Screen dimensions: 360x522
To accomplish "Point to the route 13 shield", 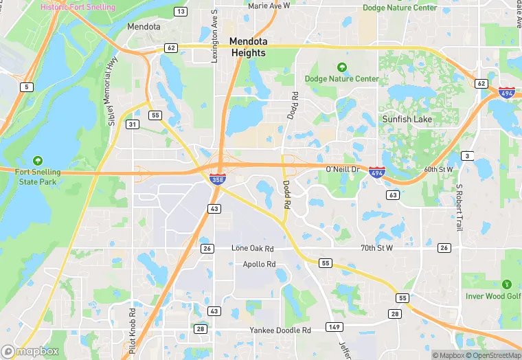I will tap(181, 12).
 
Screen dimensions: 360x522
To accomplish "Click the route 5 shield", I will tap(27, 87).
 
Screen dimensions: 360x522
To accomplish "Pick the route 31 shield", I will tap(131, 124).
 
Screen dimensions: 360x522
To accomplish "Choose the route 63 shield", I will tap(393, 195).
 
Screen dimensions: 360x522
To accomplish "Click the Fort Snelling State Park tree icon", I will tap(37, 159).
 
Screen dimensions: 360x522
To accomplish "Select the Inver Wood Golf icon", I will tap(507, 284).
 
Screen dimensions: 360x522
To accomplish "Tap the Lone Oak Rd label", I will tap(253, 248).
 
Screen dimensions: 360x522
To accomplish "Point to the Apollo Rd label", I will tap(259, 264).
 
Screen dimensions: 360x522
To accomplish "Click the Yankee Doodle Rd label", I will tap(280, 330).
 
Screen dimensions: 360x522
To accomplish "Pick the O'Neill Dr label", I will tap(342, 169).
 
